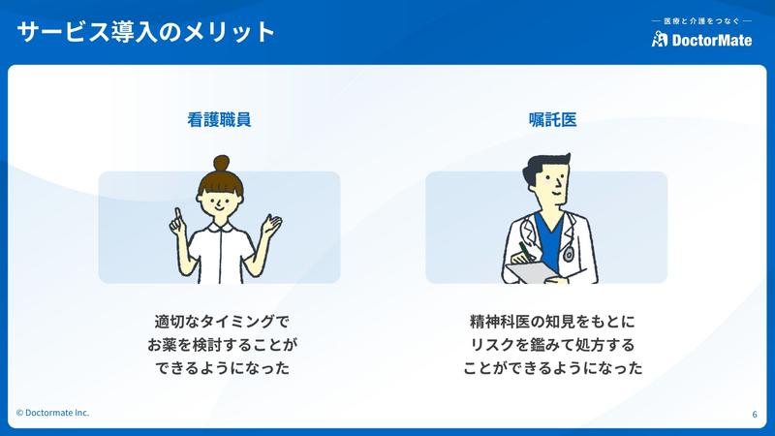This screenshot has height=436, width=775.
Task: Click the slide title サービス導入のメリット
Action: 146,32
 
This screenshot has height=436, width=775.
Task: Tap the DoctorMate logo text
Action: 712,40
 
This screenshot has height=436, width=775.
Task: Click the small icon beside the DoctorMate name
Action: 660,39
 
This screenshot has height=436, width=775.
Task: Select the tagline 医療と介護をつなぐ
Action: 701,21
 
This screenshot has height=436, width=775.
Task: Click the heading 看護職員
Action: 219,119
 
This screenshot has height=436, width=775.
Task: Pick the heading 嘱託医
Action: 552,119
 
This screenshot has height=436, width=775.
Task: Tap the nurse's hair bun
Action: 221,162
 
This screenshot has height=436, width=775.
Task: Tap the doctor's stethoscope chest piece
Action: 569,255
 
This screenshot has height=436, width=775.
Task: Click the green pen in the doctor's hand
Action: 525,251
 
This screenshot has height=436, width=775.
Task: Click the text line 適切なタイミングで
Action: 222,322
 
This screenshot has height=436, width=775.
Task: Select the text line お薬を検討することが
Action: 223,345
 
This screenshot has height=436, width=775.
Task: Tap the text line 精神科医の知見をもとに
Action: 552,322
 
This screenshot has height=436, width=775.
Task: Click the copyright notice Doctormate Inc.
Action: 53,413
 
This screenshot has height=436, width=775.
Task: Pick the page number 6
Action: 755,415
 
